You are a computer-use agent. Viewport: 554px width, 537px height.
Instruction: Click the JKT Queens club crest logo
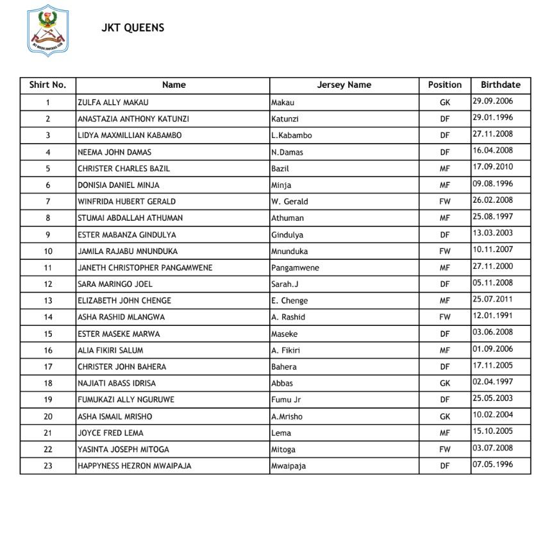tap(49, 30)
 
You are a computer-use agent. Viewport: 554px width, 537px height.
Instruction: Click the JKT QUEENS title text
tap(133, 28)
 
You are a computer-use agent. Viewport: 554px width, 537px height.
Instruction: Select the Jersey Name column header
tap(344, 85)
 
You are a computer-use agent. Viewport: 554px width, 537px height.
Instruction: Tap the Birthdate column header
tap(500, 85)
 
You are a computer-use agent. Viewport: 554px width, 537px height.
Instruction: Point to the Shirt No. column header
tap(47, 85)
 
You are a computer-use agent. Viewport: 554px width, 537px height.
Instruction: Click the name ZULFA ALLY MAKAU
tap(113, 102)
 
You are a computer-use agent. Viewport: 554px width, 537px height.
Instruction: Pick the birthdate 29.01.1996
tap(492, 117)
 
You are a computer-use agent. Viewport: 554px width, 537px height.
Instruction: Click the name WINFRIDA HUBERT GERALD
tap(126, 201)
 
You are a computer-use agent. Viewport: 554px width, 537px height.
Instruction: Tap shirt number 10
tap(48, 251)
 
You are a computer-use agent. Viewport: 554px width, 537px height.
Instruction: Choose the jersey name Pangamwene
tap(295, 268)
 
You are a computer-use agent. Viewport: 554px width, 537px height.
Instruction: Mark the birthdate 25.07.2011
tap(492, 300)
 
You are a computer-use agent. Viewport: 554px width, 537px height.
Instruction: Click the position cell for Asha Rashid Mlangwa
tap(445, 317)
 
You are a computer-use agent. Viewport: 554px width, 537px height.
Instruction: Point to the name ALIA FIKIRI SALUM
tap(110, 350)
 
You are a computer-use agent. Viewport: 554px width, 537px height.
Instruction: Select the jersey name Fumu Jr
tap(286, 400)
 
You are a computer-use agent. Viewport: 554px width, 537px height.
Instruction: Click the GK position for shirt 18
tap(445, 383)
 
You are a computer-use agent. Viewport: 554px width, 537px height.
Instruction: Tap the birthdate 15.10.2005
tap(492, 432)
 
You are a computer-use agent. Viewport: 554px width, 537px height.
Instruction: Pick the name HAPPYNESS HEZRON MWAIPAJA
tap(134, 466)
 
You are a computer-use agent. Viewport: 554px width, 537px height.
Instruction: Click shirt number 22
tap(48, 450)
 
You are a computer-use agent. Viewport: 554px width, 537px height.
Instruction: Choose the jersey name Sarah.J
tap(285, 284)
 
